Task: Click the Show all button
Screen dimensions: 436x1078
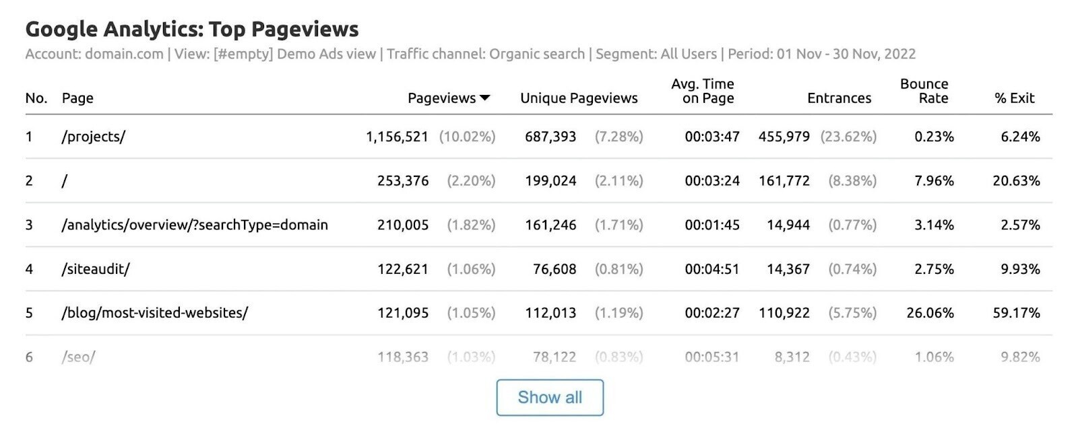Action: click(550, 398)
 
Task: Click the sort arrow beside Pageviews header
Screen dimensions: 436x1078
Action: click(484, 98)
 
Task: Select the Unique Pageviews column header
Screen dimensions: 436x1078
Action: click(579, 98)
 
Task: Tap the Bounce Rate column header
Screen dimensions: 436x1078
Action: click(924, 91)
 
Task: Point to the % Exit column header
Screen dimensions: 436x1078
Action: click(1014, 98)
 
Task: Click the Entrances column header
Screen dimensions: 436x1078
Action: click(839, 98)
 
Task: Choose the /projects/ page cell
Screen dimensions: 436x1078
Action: click(94, 137)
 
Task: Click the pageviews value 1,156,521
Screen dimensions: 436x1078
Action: click(397, 137)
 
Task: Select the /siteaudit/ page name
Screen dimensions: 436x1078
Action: click(96, 269)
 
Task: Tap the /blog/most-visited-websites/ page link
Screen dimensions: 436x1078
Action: click(155, 313)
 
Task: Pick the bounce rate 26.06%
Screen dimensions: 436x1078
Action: click(930, 313)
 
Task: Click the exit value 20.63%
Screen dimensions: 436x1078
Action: click(1016, 181)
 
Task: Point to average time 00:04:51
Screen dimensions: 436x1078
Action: click(712, 269)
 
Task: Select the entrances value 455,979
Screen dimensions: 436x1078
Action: click(784, 137)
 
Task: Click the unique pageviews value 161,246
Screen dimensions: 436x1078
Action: click(550, 225)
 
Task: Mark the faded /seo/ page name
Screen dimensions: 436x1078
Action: click(79, 357)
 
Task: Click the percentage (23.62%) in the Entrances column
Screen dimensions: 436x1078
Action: click(848, 137)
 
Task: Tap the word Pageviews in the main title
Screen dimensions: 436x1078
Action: click(305, 29)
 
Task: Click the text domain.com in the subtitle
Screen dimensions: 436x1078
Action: click(124, 54)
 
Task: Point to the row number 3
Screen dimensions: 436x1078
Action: click(29, 225)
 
